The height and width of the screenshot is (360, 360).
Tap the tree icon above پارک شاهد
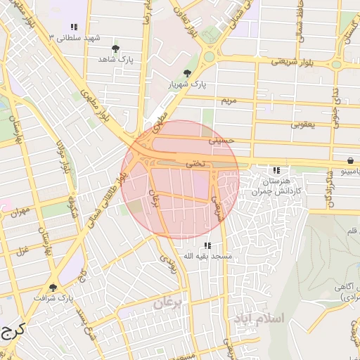[115, 49]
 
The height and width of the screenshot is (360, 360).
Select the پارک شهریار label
[188, 84]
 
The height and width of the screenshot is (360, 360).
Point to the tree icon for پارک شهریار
[187, 73]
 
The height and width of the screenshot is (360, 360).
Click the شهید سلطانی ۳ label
[75, 37]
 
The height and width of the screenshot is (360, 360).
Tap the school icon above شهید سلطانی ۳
[74, 27]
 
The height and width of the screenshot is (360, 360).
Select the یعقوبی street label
[304, 124]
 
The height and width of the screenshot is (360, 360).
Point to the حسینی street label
[220, 141]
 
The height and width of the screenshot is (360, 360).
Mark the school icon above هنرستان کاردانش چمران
[276, 170]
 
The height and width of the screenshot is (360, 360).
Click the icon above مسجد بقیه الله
[207, 245]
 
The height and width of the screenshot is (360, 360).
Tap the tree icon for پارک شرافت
[53, 287]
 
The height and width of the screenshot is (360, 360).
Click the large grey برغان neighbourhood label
[168, 303]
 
